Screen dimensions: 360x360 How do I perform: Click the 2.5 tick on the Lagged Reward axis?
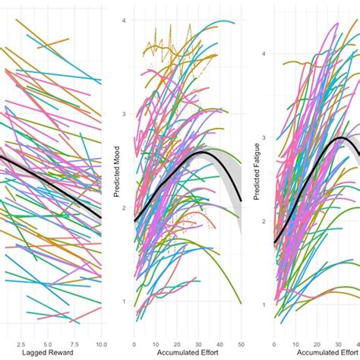point(21,344)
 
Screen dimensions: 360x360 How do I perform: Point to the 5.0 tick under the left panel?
point(48,344)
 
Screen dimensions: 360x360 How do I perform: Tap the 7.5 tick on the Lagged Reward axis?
point(74,344)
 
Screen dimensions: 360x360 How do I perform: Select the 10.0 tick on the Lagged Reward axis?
point(100,344)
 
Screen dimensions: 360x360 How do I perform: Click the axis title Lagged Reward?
point(51,355)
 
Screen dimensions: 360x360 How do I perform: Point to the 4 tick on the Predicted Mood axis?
point(126,20)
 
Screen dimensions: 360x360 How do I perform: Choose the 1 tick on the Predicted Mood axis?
point(126,302)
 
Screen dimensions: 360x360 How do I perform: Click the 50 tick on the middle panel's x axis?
point(242,344)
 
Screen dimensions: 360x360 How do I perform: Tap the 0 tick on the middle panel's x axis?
point(134,344)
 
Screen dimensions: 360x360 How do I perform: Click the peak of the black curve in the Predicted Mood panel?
point(201,153)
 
